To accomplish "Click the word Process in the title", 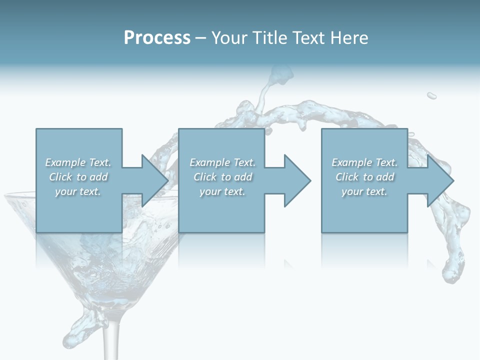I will tap(157, 38).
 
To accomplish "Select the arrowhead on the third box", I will tap(439, 180).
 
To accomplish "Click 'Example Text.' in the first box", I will tap(78, 162).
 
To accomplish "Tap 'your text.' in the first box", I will tap(78, 191).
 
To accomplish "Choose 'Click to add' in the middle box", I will tap(222, 177).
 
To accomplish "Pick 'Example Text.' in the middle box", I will tap(222, 162).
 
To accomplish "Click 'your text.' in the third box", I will tap(364, 191).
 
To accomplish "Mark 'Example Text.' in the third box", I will tap(364, 162).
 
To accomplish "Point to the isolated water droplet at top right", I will tap(431, 95).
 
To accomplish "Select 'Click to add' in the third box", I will tap(364, 177).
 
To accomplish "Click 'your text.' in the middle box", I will tap(222, 191).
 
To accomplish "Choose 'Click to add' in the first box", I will tap(78, 177).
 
